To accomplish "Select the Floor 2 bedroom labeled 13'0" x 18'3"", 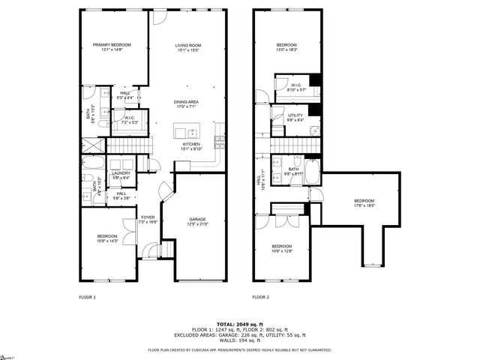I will coord(286,47).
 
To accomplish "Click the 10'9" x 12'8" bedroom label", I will coord(281,249).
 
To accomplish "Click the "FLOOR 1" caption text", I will coord(88,298).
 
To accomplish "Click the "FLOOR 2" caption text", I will coord(260,298).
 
